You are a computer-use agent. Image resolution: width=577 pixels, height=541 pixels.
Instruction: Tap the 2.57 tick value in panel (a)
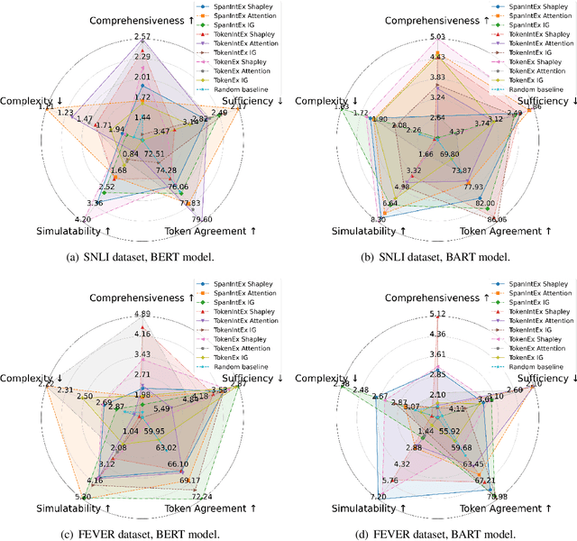pos(142,36)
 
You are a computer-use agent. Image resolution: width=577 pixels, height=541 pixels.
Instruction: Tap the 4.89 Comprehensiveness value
pos(142,314)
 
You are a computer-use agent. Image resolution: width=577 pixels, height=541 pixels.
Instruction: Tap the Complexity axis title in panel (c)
pos(34,376)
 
